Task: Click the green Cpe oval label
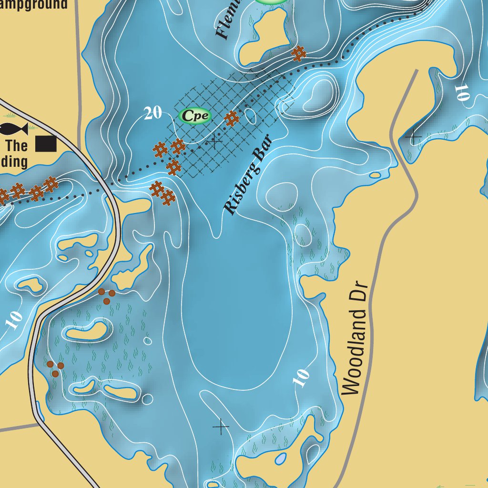click(194, 116)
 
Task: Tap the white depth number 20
click(153, 113)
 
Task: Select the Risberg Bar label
click(248, 174)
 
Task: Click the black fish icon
click(13, 128)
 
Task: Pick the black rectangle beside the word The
click(46, 144)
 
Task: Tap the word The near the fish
click(17, 145)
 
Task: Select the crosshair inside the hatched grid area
click(215, 141)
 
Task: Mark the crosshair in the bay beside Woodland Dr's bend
click(413, 137)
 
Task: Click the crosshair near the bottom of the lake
click(221, 427)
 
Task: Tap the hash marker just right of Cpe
click(231, 118)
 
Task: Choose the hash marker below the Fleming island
click(299, 53)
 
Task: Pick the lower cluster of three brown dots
click(55, 369)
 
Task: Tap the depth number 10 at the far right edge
click(461, 92)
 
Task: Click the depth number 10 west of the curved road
click(14, 320)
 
